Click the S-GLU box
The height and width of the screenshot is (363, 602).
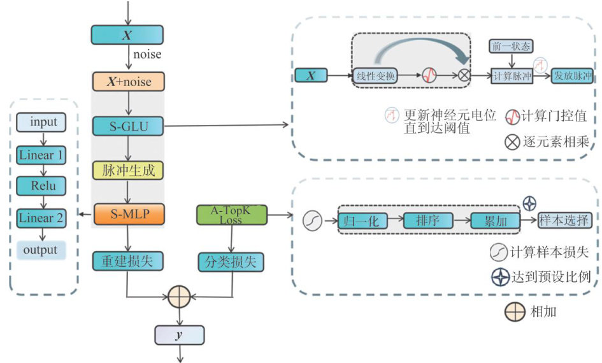(128, 126)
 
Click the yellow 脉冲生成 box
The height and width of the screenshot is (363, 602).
(128, 170)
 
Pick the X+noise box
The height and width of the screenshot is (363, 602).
(128, 82)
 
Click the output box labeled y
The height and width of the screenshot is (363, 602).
(179, 335)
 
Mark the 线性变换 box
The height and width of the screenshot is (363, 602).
(376, 76)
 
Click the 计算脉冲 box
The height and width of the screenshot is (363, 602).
(512, 76)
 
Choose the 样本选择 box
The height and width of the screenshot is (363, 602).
(564, 220)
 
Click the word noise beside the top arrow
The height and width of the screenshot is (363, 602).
(147, 54)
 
